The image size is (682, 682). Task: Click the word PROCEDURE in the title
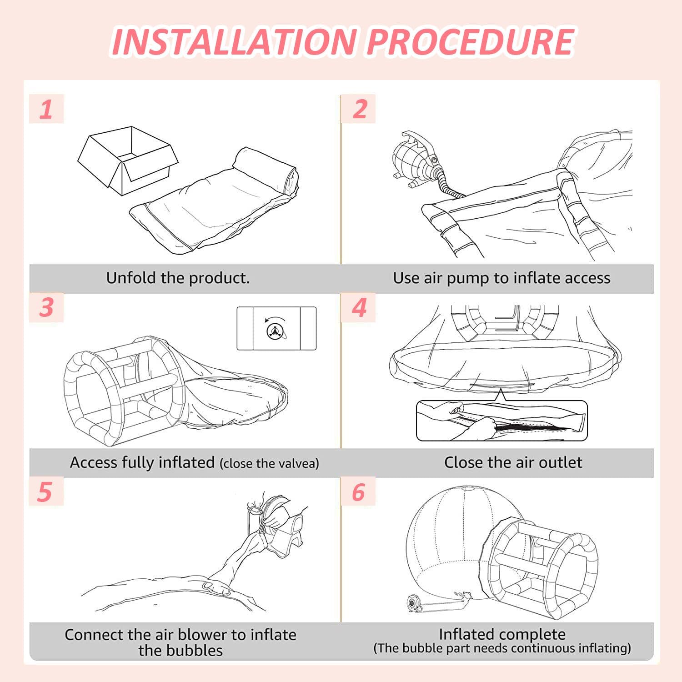[470, 41]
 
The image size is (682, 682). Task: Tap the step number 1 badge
[46, 109]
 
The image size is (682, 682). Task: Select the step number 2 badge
[359, 109]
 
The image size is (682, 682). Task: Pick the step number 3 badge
[46, 307]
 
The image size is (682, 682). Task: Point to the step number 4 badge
[359, 307]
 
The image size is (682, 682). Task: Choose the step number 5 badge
[45, 491]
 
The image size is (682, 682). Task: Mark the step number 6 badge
[359, 491]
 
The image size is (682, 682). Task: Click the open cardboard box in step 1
[128, 160]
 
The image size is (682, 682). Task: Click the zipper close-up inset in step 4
[502, 421]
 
